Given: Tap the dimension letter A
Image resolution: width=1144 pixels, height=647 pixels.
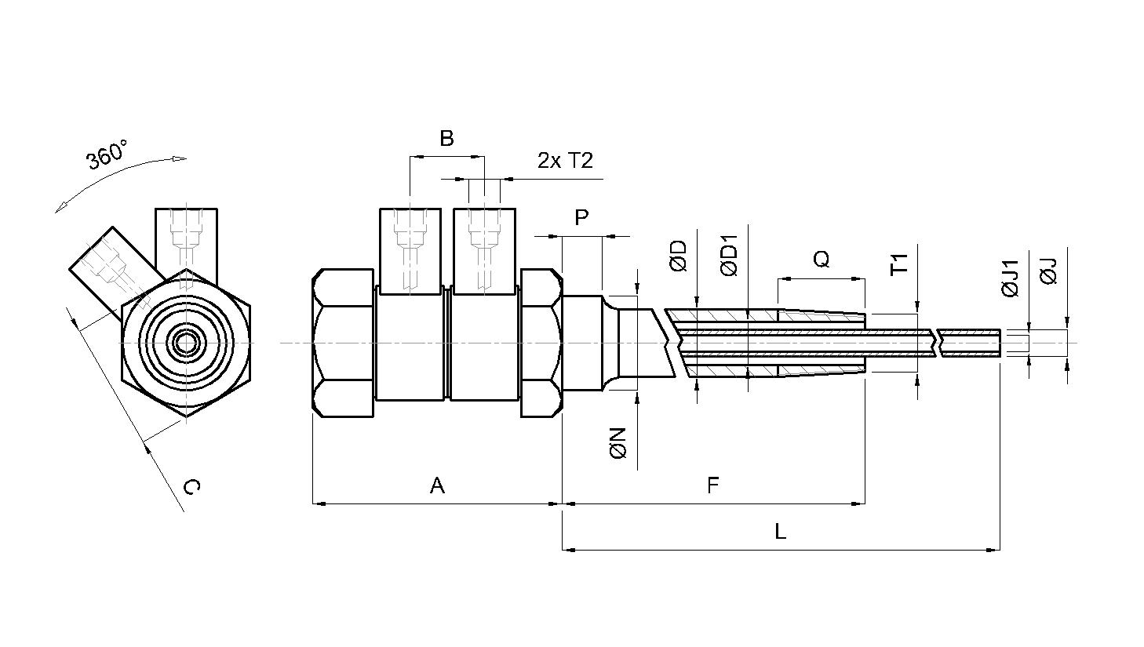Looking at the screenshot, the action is [437, 485].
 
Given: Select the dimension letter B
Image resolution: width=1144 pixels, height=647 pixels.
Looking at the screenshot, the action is [446, 138].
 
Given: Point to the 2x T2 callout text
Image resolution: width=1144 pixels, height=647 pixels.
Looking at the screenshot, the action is [566, 161].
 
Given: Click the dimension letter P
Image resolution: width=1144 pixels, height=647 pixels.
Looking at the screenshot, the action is [581, 217].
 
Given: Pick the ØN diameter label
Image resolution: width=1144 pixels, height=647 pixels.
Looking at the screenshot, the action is [618, 444].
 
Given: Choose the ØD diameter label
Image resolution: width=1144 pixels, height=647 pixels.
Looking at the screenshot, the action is [679, 256].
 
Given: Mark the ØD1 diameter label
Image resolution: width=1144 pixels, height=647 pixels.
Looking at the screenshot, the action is [729, 256].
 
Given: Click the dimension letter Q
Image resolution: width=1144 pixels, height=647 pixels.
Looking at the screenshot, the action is [821, 260].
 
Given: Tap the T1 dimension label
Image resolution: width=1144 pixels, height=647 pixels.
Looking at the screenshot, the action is [899, 264].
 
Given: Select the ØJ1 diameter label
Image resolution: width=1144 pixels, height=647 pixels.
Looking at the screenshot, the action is [1010, 278].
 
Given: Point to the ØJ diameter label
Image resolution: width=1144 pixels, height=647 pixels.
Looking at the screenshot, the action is [1048, 271].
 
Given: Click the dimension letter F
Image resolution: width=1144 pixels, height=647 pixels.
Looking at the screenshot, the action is [713, 485].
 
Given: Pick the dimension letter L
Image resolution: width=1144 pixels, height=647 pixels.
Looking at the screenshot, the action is [780, 532].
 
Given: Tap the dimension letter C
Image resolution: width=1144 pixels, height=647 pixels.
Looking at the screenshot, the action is [191, 487].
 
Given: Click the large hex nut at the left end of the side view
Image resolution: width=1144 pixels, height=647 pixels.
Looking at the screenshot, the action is [343, 343].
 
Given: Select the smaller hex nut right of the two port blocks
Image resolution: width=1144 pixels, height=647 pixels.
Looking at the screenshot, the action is [541, 343].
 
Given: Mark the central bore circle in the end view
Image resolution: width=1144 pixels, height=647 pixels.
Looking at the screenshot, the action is [186, 343].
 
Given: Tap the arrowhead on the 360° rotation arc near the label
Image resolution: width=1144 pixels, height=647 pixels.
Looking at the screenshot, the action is [179, 159].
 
